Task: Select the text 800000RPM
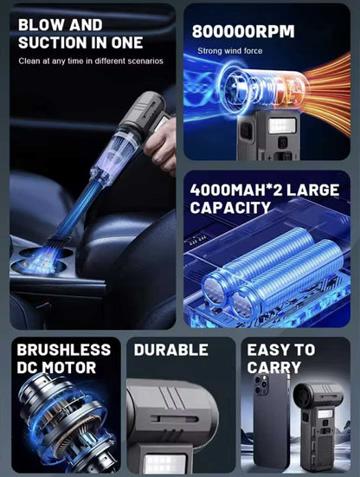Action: [243, 31]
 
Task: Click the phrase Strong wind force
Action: [230, 51]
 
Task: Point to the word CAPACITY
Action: [230, 208]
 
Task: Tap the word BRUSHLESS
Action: [64, 350]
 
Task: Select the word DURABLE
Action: [171, 350]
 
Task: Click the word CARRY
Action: [274, 367]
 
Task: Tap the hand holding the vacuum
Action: [161, 146]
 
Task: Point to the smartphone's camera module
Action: [261, 384]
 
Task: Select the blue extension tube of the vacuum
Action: [78, 209]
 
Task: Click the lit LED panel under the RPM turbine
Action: [282, 126]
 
